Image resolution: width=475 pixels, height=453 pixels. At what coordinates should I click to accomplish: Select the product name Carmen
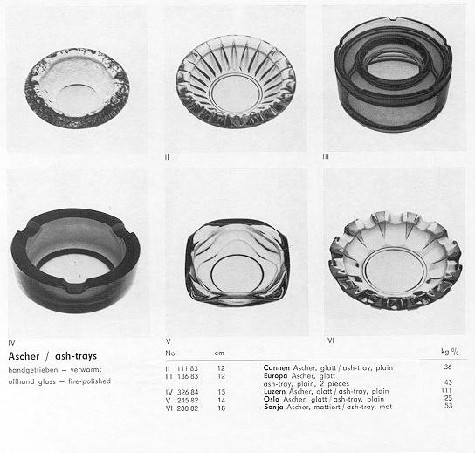pyautogui.click(x=278, y=368)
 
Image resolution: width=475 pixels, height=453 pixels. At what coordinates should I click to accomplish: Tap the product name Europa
pyautogui.click(x=277, y=375)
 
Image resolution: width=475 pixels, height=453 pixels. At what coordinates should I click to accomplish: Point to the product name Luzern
pyautogui.click(x=277, y=391)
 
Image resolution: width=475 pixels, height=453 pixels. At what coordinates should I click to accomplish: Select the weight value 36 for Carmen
pyautogui.click(x=447, y=367)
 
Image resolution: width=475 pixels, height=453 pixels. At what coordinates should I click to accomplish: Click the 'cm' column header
pyautogui.click(x=219, y=353)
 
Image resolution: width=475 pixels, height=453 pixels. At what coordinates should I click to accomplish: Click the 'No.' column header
pyautogui.click(x=171, y=353)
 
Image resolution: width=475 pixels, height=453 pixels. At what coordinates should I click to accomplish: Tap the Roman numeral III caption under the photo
pyautogui.click(x=326, y=157)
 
